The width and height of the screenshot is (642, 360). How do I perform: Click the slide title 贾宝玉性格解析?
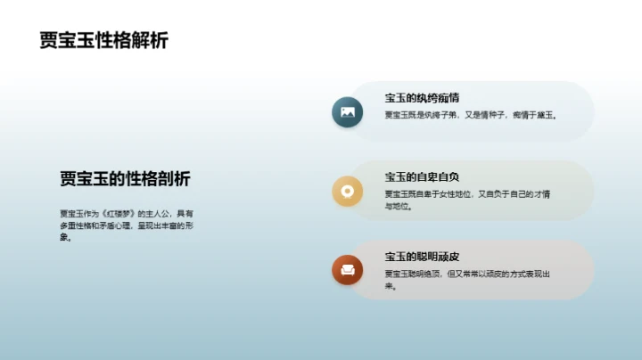point(104,41)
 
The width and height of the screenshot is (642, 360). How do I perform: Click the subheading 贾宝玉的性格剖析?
point(125,179)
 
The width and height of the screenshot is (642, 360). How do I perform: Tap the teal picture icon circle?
point(348,112)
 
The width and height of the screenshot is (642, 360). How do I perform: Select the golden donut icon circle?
point(348,190)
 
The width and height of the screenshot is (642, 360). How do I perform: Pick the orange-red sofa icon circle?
point(348,269)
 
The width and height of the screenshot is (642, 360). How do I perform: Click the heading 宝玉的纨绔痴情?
point(422,98)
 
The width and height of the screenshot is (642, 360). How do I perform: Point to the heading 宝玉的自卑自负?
point(422,176)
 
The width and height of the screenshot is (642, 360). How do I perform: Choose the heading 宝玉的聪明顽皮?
point(422,257)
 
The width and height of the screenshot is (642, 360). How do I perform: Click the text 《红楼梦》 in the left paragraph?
point(119,214)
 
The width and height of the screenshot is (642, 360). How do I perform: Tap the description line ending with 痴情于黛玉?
point(470,115)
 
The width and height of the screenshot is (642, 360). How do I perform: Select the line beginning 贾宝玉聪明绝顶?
point(466,274)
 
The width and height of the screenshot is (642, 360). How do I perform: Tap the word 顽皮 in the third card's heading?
point(449,257)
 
